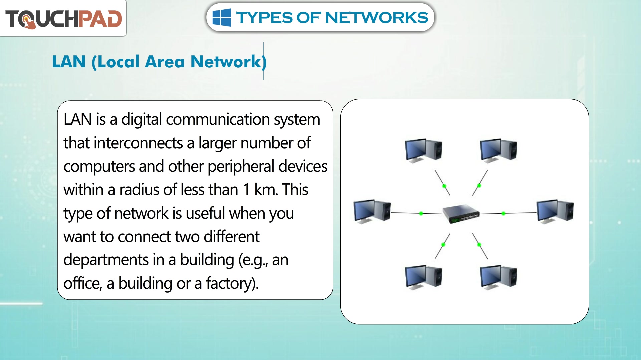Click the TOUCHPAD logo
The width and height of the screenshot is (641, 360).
63,19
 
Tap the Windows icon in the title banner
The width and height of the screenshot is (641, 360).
222,17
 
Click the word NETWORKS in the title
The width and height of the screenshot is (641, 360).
376,17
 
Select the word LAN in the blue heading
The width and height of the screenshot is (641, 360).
69,62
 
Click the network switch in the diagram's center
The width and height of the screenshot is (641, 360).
461,213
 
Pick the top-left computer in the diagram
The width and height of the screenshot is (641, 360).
424,150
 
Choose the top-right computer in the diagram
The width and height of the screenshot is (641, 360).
499,150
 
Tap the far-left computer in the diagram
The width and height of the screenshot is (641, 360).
372,211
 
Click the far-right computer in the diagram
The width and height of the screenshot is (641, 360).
555,211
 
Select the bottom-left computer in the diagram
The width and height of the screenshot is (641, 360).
424,277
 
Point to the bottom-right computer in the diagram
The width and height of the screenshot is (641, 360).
499,277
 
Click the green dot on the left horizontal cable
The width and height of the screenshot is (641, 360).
421,213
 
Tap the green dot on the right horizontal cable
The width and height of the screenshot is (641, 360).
503,213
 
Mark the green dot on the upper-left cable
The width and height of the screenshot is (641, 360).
444,186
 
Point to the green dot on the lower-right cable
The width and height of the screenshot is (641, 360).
479,245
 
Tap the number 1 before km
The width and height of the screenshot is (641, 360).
247,190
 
